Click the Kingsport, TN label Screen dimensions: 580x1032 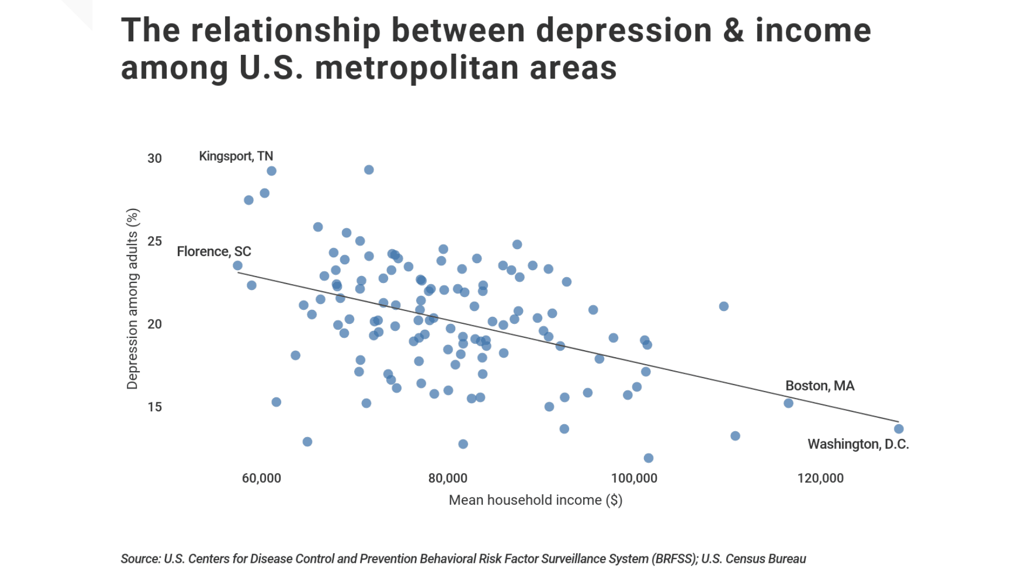pyautogui.click(x=236, y=156)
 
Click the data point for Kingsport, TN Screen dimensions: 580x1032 pyautogui.click(x=271, y=171)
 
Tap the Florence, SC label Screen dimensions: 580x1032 pyautogui.click(x=214, y=251)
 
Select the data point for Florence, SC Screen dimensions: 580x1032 pyautogui.click(x=238, y=266)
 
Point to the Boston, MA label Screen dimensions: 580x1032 pyautogui.click(x=820, y=386)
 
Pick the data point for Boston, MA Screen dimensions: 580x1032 pyautogui.click(x=789, y=403)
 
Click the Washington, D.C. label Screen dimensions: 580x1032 pyautogui.click(x=858, y=444)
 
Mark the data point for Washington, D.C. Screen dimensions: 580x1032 pyautogui.click(x=899, y=429)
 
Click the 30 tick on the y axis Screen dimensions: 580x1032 pyautogui.click(x=155, y=158)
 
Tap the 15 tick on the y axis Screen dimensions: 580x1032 pyautogui.click(x=155, y=407)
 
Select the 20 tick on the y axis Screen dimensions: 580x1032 pyautogui.click(x=155, y=324)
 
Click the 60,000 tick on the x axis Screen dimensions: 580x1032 pyautogui.click(x=261, y=478)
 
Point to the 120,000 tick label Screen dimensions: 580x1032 pyautogui.click(x=820, y=478)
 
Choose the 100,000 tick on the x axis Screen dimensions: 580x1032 pyautogui.click(x=634, y=478)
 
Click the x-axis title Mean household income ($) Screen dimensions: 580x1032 pyautogui.click(x=535, y=500)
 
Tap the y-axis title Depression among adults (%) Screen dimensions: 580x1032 pyautogui.click(x=132, y=299)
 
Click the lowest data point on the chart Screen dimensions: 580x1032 pyautogui.click(x=648, y=458)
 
